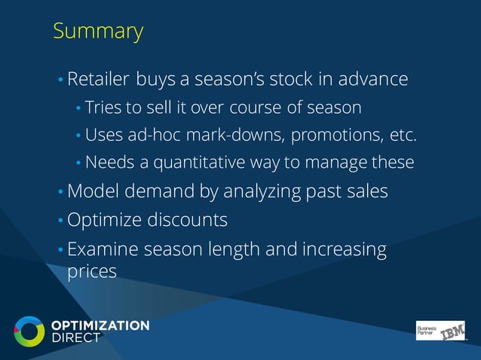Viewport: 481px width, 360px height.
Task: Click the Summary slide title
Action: (x=98, y=32)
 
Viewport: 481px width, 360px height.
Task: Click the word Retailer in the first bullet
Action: (x=100, y=79)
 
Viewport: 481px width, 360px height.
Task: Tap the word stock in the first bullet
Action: (x=288, y=79)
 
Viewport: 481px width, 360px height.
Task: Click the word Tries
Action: (x=103, y=108)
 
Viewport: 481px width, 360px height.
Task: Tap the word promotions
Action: (x=339, y=136)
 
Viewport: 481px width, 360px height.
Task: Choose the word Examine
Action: (x=102, y=249)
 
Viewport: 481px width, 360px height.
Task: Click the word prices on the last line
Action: (x=92, y=270)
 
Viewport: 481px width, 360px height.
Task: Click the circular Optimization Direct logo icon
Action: (x=29, y=331)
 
